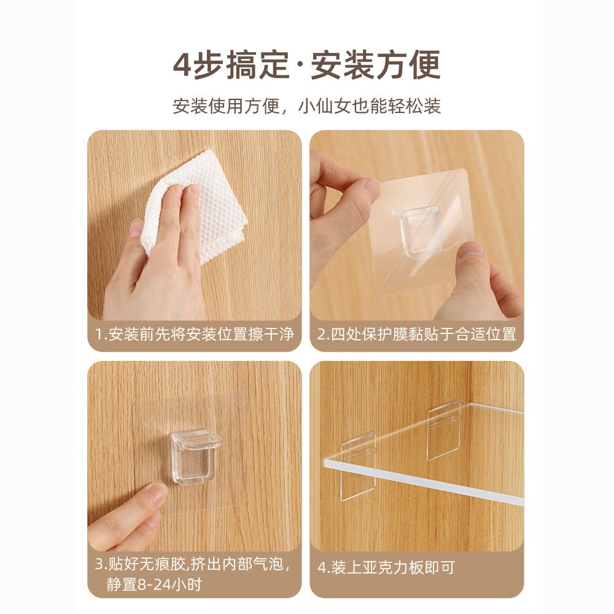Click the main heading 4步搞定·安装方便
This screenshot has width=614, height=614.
pyautogui.click(x=306, y=65)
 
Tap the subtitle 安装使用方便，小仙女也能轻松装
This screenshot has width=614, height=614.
pyautogui.click(x=307, y=106)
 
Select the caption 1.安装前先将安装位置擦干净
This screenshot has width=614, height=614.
pyautogui.click(x=195, y=335)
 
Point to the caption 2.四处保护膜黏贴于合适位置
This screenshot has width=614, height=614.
pyautogui.click(x=417, y=335)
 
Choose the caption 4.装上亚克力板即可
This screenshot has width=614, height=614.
pyautogui.click(x=386, y=567)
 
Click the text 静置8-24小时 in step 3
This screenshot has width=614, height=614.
pyautogui.click(x=154, y=585)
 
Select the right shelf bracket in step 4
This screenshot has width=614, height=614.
pyautogui.click(x=443, y=430)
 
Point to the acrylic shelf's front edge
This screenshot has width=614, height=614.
pyautogui.click(x=424, y=482)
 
